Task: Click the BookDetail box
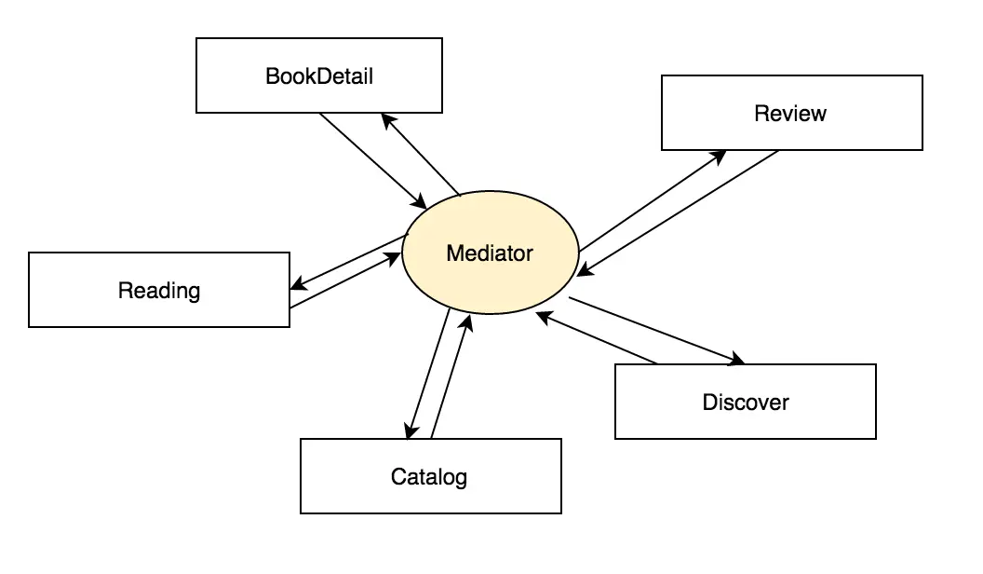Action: [x=319, y=75]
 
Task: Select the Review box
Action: [x=791, y=113]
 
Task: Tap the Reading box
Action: [x=159, y=290]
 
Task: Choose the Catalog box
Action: [x=430, y=477]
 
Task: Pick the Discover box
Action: [x=745, y=402]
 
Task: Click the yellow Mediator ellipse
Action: [x=490, y=253]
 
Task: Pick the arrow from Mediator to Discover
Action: [x=657, y=331]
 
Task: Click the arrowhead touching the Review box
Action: [x=718, y=155]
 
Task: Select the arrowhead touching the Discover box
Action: [x=737, y=359]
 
